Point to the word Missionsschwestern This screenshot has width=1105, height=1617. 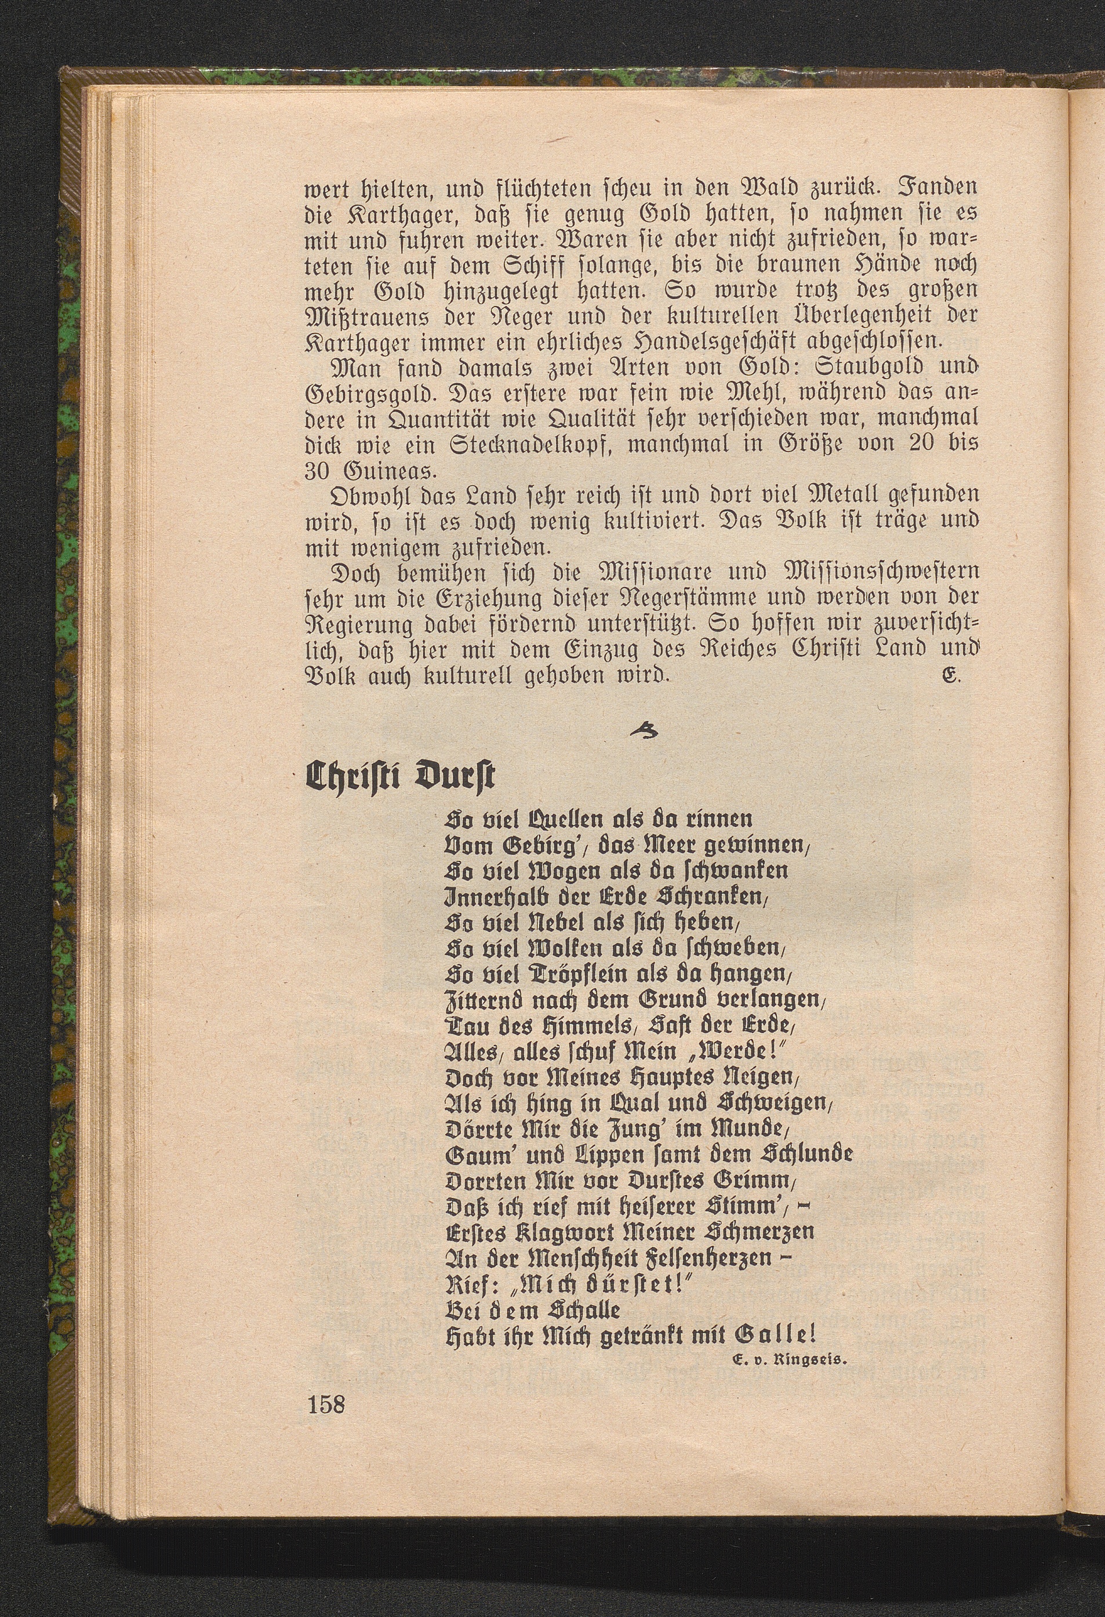[x=879, y=572]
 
